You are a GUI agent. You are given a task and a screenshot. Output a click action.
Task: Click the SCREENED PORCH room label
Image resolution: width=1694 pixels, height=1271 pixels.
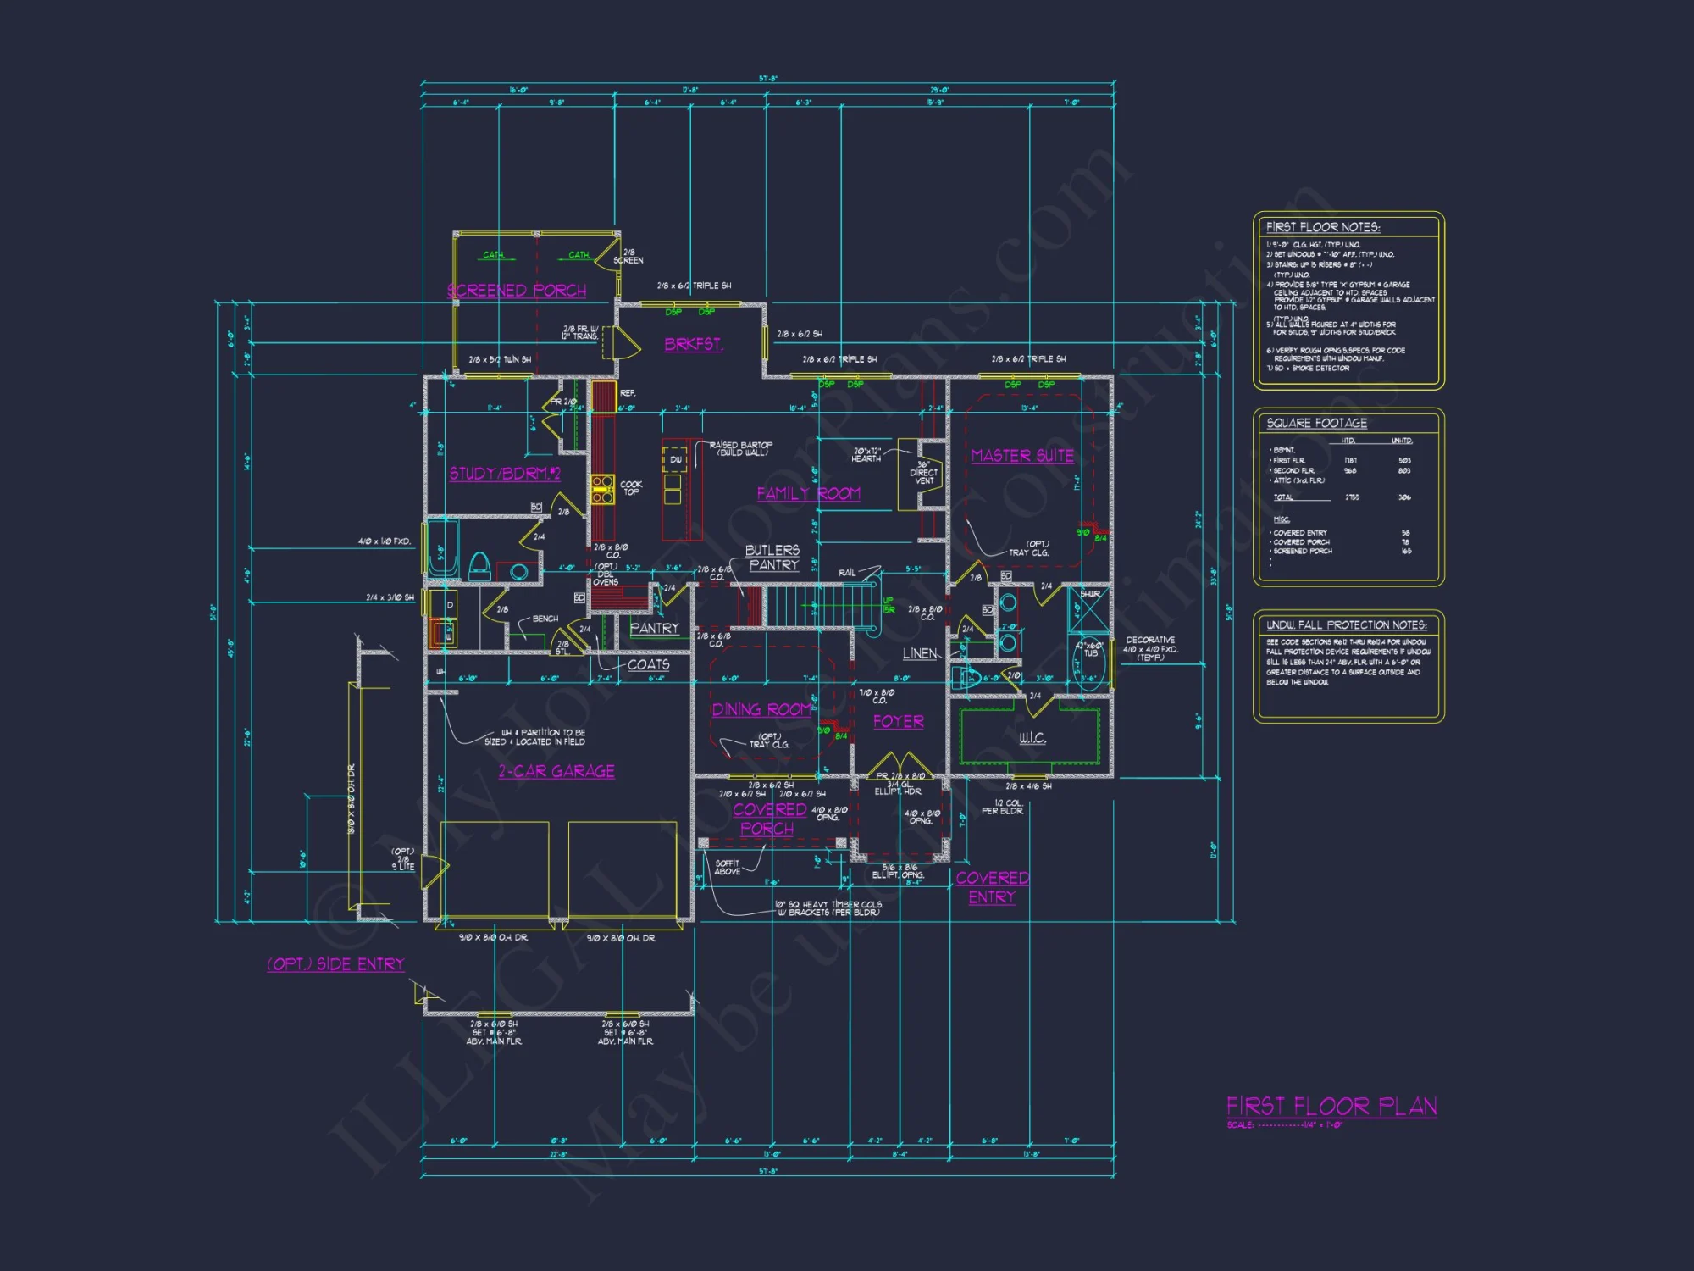click(x=517, y=291)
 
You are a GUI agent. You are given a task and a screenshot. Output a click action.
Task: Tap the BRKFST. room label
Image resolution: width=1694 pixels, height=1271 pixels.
click(x=693, y=344)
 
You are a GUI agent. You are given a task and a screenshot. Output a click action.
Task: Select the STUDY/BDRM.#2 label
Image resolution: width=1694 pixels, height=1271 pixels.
click(x=504, y=473)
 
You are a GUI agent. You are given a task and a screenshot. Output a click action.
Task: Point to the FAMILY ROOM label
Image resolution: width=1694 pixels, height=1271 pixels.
click(x=808, y=493)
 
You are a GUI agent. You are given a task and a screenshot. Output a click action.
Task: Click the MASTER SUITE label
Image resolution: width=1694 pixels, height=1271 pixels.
click(x=1022, y=456)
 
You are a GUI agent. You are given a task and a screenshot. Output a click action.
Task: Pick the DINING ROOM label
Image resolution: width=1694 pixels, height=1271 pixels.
click(x=761, y=710)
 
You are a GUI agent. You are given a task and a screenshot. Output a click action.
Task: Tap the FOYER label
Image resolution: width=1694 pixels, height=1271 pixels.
click(x=899, y=721)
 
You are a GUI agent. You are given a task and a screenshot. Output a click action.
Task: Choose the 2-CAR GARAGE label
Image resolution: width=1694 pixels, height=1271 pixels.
click(x=556, y=771)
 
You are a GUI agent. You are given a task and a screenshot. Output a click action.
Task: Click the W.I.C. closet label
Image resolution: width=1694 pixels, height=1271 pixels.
click(x=1032, y=738)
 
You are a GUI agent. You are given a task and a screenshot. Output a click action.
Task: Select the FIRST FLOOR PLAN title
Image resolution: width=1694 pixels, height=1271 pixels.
click(x=1331, y=1107)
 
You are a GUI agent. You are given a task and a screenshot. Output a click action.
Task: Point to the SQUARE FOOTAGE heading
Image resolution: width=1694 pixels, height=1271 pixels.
click(x=1316, y=423)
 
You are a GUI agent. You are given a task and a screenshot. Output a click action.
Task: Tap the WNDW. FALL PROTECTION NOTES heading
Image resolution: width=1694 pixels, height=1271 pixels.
click(x=1346, y=624)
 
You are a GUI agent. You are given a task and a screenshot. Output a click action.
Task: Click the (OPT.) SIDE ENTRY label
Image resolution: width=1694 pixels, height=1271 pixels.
click(x=335, y=964)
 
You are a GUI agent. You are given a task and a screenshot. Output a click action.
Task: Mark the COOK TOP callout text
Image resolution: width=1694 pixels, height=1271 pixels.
click(x=631, y=488)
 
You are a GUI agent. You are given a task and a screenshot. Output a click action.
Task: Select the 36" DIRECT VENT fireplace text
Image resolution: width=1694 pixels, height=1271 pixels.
click(x=923, y=473)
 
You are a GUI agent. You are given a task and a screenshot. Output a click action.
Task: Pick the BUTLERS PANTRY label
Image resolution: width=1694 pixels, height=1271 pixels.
click(x=772, y=558)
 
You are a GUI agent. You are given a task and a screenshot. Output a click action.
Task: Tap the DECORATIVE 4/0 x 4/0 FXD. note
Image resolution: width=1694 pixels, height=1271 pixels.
click(x=1150, y=648)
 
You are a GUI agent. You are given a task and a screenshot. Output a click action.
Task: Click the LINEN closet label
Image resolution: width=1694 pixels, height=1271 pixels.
click(x=920, y=653)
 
